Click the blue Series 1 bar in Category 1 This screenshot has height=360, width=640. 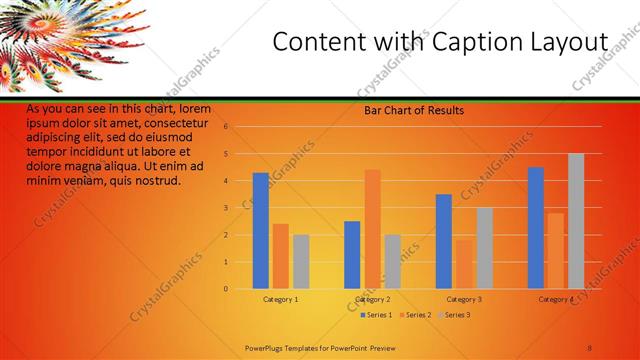pos(260,231)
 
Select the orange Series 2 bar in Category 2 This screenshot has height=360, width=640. pos(372,229)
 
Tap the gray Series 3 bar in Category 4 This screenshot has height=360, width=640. pos(576,221)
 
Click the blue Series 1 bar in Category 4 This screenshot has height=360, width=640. pos(536,228)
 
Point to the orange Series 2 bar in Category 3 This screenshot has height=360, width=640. pos(464,264)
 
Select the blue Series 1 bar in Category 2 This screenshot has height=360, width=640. pos(352,255)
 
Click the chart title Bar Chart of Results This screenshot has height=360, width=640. pos(413,111)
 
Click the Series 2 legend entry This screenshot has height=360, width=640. pos(416,315)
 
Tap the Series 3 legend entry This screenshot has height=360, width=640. pos(454,315)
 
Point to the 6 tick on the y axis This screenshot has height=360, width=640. pos(227,127)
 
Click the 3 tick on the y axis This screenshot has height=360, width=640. pos(227,208)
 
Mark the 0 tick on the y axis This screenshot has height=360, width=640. pos(227,289)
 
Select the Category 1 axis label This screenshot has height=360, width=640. pos(281,299)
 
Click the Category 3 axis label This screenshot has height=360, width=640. pos(464,299)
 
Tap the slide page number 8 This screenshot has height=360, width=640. pos(590,347)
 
